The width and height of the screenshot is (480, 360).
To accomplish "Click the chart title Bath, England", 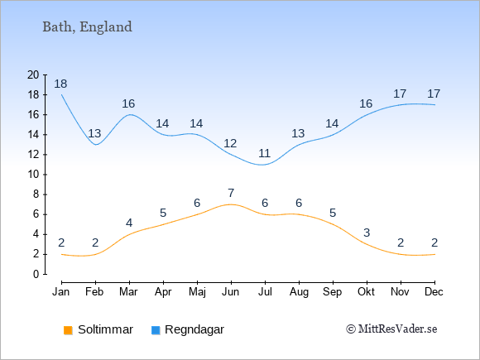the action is pyautogui.click(x=87, y=27).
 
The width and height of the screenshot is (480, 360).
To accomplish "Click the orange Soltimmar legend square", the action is pyautogui.click(x=68, y=330).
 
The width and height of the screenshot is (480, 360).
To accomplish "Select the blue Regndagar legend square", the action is pyautogui.click(x=156, y=330).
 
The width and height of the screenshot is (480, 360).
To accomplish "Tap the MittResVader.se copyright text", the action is pyautogui.click(x=391, y=329).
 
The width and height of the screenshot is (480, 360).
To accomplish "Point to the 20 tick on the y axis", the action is pyautogui.click(x=33, y=74).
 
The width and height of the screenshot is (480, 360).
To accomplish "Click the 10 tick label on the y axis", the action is pyautogui.click(x=33, y=175).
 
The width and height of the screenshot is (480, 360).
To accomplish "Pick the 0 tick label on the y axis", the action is pyautogui.click(x=36, y=274).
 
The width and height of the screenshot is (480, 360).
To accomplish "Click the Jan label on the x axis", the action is pyautogui.click(x=61, y=292).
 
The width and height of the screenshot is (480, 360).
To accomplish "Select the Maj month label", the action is pyautogui.click(x=197, y=292).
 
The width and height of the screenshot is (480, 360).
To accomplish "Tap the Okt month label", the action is pyautogui.click(x=367, y=292).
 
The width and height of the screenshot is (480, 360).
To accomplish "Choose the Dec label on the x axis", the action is pyautogui.click(x=434, y=292).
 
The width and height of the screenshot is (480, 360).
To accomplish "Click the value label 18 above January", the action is pyautogui.click(x=60, y=84).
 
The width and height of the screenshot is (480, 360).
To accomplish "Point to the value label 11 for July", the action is pyautogui.click(x=265, y=153).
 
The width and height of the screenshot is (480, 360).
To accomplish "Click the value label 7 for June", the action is pyautogui.click(x=231, y=193).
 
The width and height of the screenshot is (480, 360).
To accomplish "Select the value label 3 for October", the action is pyautogui.click(x=367, y=233).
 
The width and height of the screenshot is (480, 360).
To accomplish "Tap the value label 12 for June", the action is pyautogui.click(x=230, y=143).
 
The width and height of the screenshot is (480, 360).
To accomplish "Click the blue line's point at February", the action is pyautogui.click(x=96, y=145).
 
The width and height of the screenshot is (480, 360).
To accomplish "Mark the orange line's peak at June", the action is pyautogui.click(x=231, y=204).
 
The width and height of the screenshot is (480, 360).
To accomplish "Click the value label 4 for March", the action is pyautogui.click(x=129, y=223).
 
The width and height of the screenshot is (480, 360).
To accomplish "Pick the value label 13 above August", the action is pyautogui.click(x=298, y=133).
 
